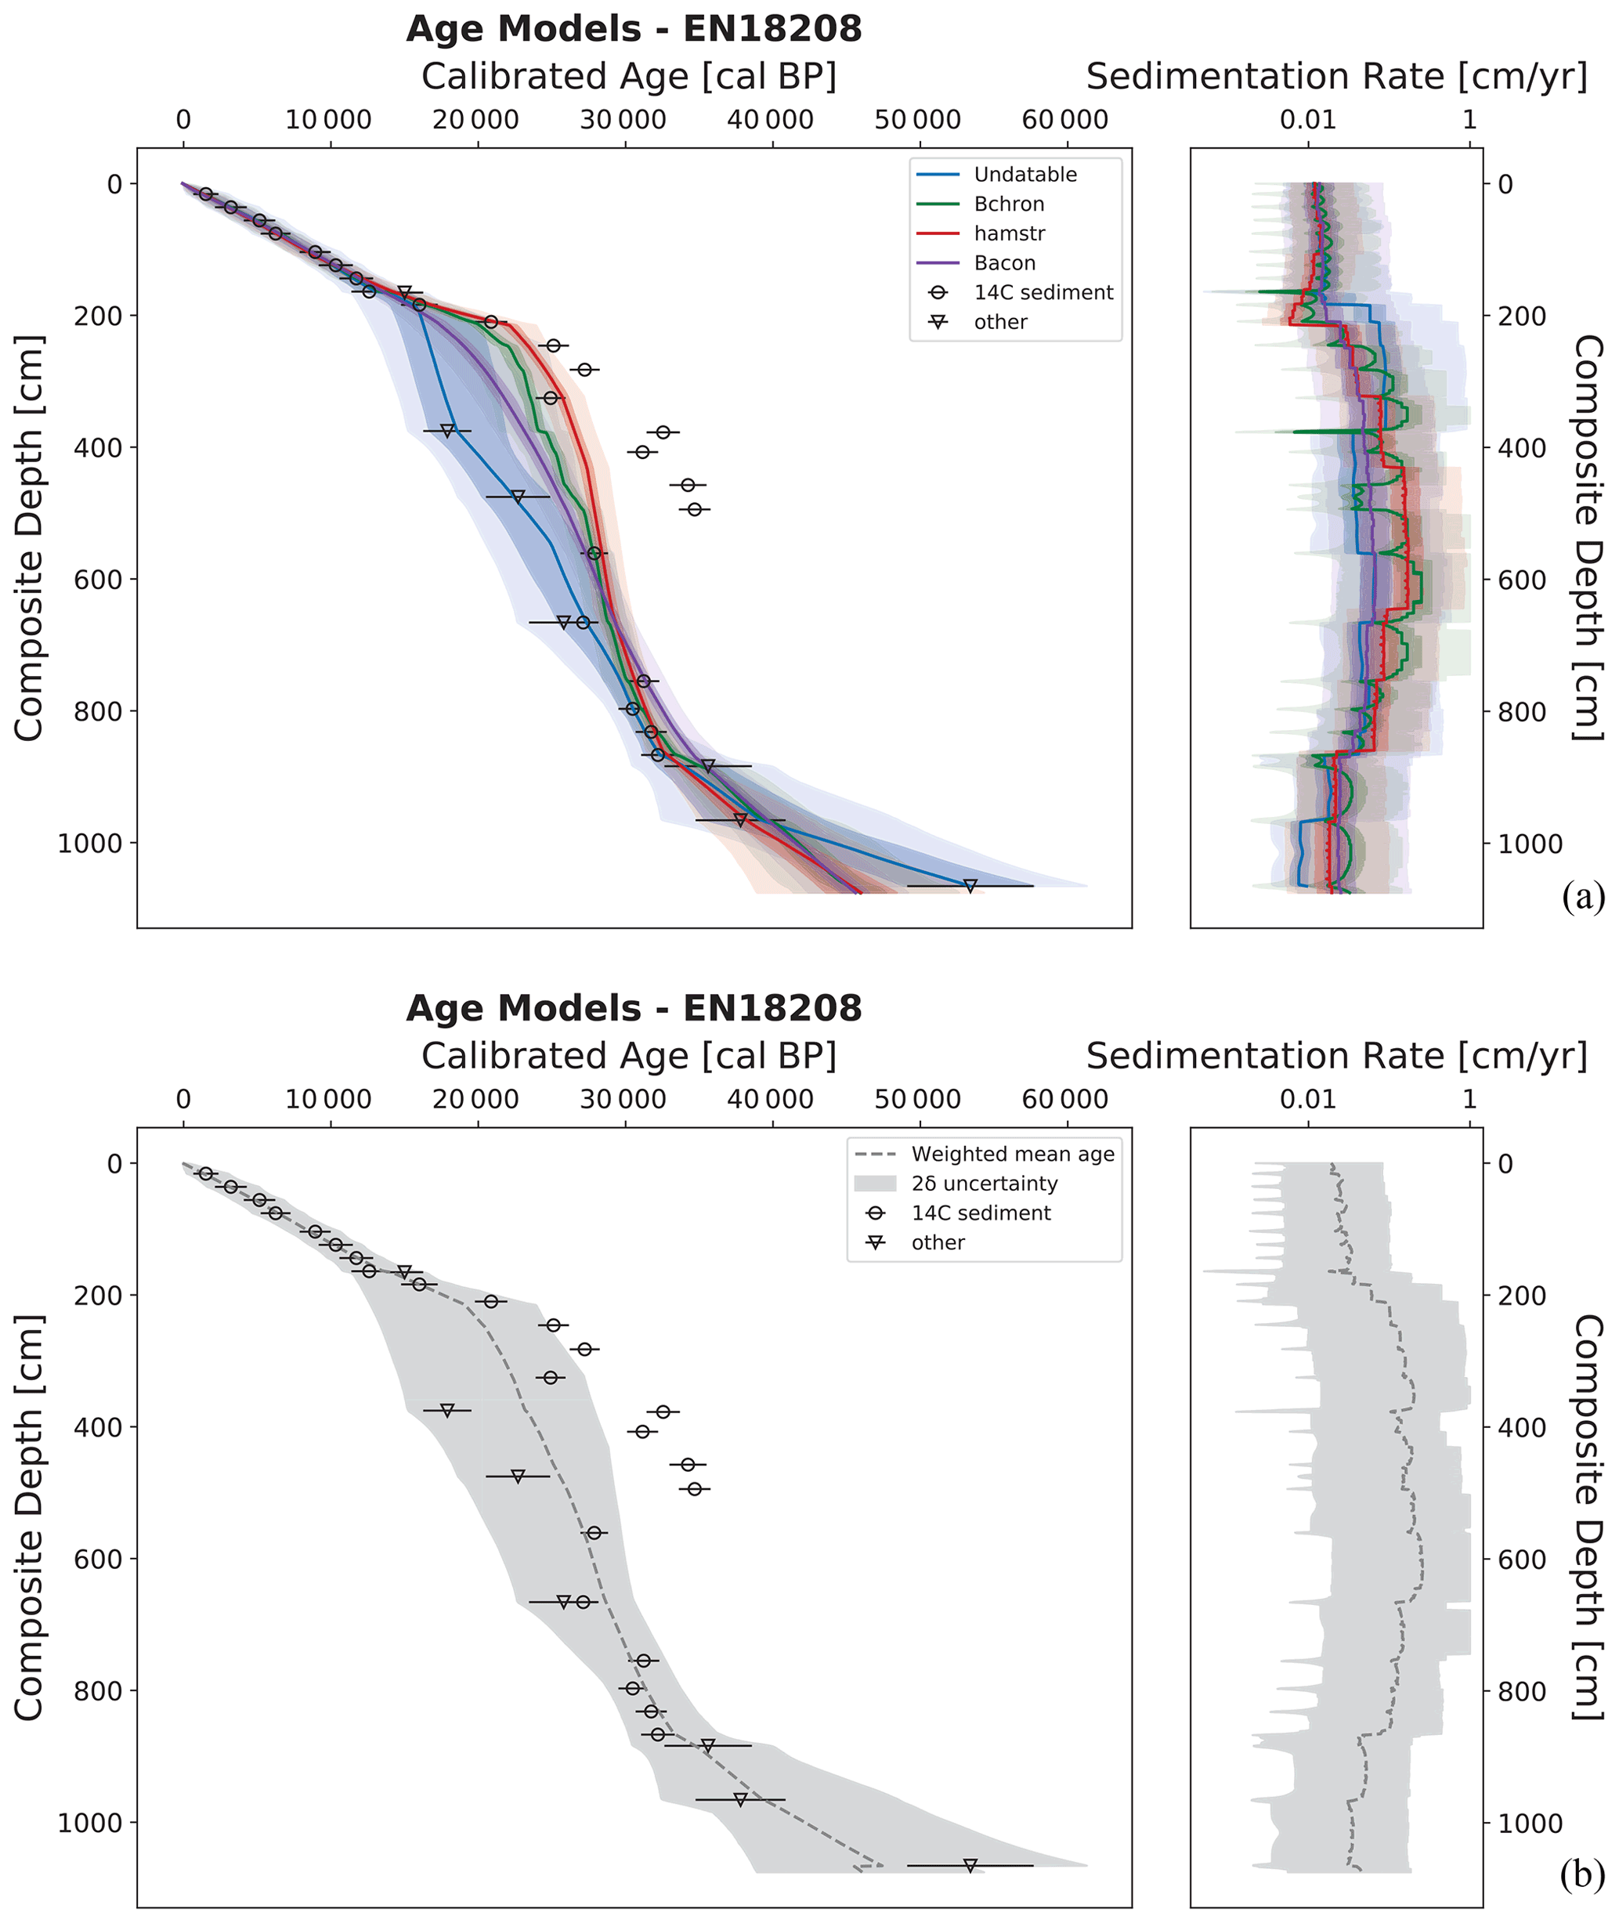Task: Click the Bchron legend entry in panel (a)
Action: click(x=1009, y=204)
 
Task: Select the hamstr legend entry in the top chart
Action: click(x=1009, y=233)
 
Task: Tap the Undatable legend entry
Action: click(x=1025, y=175)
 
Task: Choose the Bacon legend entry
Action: click(x=1004, y=263)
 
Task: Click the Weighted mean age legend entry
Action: click(x=1012, y=1154)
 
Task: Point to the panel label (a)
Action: click(x=1583, y=897)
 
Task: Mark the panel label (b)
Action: click(x=1583, y=1875)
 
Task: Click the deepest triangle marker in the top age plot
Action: click(x=970, y=886)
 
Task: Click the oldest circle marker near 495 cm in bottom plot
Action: click(x=695, y=1489)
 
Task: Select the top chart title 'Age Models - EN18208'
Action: click(x=634, y=29)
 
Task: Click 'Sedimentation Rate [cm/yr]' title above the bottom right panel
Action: click(x=1336, y=1057)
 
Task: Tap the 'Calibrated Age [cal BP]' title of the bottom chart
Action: click(x=629, y=1057)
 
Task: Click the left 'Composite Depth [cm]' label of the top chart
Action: click(x=29, y=538)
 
